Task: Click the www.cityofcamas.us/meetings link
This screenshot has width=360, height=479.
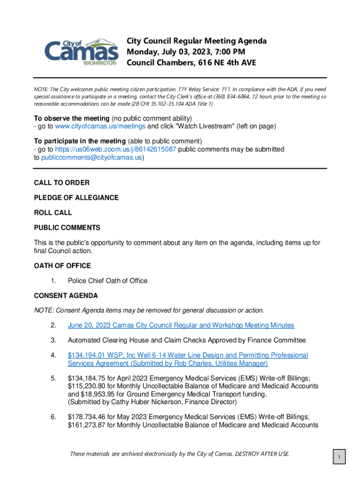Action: (101, 126)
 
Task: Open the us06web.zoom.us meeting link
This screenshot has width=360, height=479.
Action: (115, 149)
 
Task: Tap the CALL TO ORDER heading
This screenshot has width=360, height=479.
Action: (62, 182)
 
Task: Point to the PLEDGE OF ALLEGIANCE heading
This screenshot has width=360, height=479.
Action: (76, 197)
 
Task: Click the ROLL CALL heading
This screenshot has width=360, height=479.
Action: (53, 212)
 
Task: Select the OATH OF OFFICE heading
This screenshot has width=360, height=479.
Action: (62, 266)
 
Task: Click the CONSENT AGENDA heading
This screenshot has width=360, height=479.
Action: (66, 296)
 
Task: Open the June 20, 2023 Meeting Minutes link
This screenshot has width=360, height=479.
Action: (181, 325)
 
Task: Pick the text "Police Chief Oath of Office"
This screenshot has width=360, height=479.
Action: (108, 281)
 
